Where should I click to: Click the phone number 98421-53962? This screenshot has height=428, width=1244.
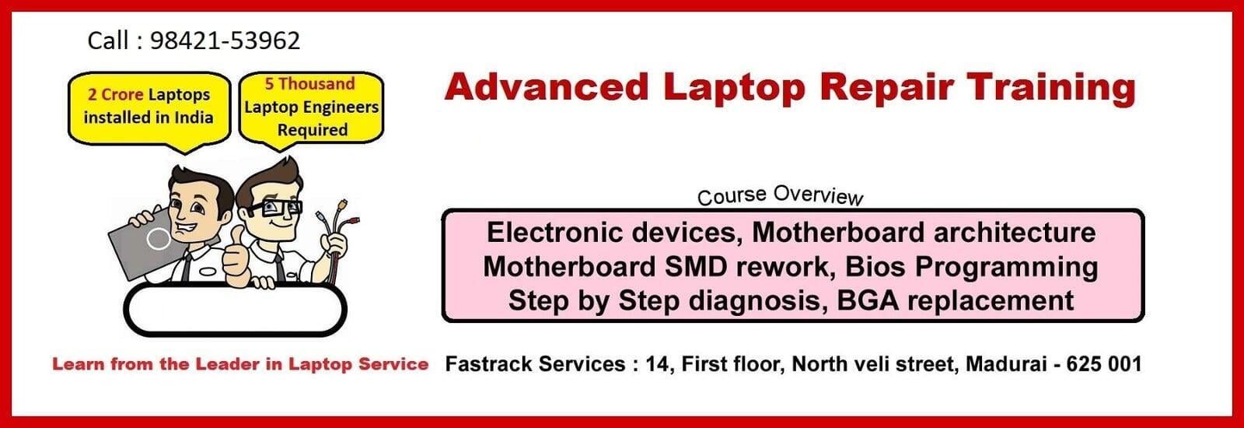(225, 40)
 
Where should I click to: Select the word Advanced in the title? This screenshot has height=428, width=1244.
(547, 88)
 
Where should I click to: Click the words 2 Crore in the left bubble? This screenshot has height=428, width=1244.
(116, 94)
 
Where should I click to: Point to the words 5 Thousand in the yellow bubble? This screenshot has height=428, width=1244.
(310, 84)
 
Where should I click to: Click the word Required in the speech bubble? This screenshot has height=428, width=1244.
(313, 130)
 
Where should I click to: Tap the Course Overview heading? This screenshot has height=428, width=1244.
(781, 195)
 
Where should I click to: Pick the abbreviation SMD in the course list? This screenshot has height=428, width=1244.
(695, 267)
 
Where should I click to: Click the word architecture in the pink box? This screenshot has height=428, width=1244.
(1014, 233)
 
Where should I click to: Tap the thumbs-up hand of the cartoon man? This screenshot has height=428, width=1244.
(236, 257)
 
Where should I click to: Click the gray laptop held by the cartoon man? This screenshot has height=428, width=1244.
(146, 243)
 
